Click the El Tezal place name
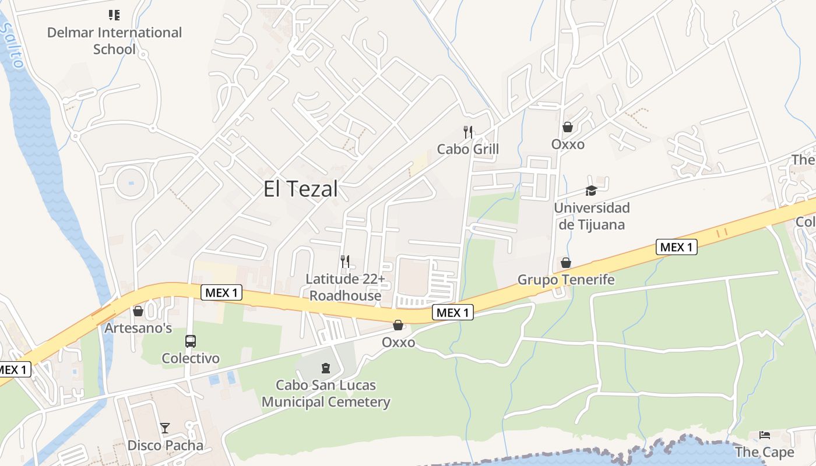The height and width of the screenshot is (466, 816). tap(300, 189)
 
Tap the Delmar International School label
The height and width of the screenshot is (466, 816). tap(114, 41)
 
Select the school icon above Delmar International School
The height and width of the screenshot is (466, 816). tap(114, 15)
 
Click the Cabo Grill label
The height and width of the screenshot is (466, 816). tap(468, 149)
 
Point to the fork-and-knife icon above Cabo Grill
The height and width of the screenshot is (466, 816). tap(467, 132)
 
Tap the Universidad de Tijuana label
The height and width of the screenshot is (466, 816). tap(592, 216)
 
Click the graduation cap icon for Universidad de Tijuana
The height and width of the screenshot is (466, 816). tap(591, 191)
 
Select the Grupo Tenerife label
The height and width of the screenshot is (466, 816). tap(566, 280)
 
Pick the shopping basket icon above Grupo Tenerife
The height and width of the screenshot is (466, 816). tap(565, 263)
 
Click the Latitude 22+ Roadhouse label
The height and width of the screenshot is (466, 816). tap(346, 287)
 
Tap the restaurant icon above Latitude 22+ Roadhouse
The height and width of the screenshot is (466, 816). tap(345, 262)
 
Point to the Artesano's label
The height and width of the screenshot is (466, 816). tap(138, 328)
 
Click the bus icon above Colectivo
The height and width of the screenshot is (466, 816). tap(191, 341)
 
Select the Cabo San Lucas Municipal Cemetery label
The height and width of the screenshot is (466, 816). tap(326, 394)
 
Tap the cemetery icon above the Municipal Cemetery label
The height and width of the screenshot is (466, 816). tap(325, 368)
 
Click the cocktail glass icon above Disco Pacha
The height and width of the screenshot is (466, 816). tap(165, 429)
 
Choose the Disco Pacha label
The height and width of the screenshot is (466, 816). tap(166, 446)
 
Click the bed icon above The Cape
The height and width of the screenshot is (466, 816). tap(765, 435)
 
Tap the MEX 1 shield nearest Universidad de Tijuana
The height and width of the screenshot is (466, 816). tap(676, 247)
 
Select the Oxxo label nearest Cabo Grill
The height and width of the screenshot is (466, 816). tap(568, 144)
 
